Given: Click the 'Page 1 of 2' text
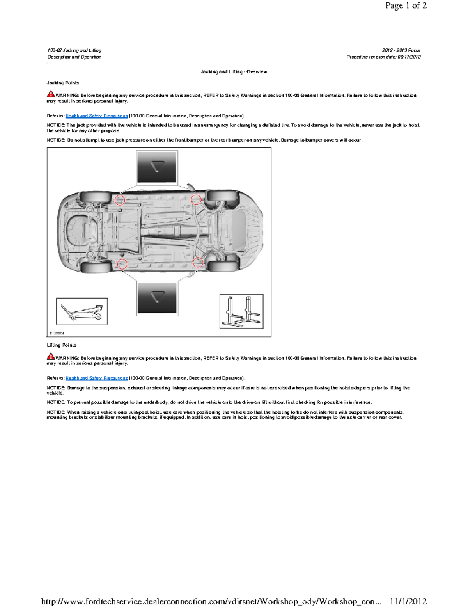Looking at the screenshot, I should [406, 5].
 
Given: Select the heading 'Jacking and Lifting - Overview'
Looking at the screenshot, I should [234, 72].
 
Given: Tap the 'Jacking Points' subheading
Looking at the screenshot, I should [63, 83].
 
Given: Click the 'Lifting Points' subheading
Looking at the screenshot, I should [61, 345].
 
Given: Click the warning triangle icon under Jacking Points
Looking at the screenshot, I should [51, 94].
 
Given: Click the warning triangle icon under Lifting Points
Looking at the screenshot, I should [51, 356].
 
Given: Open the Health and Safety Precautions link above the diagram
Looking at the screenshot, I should [96, 116].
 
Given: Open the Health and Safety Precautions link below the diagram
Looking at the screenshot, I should [96, 378].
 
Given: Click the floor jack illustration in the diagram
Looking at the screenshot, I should [82, 311].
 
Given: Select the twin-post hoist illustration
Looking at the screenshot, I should [241, 311].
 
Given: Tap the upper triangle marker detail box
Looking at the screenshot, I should [157, 167].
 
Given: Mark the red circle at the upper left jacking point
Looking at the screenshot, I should [120, 200].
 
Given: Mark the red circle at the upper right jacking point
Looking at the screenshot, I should [196, 200].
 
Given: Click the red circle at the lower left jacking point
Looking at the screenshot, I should [122, 264].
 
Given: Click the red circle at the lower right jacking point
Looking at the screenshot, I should [198, 262].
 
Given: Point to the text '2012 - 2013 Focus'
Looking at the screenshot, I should [401, 50].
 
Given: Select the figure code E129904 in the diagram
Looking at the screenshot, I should [57, 333].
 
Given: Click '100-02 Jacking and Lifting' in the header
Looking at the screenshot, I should [74, 50].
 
